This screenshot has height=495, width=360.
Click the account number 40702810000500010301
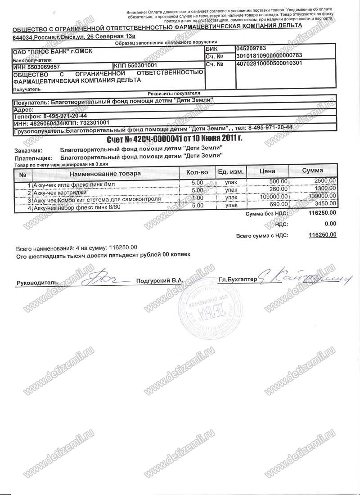tap(268, 63)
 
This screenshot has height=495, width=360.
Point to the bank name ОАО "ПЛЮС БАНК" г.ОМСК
tap(52, 51)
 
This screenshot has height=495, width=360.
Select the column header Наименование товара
tap(105, 173)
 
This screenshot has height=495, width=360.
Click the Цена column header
tap(267, 171)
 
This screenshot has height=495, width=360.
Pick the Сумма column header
tap(312, 171)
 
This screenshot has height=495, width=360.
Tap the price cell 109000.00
tap(274, 197)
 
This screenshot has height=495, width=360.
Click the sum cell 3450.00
tap(324, 205)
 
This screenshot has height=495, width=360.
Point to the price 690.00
tap(279, 205)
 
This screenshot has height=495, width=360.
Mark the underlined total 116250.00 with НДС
tap(323, 234)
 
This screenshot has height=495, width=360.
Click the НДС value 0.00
tap(330, 223)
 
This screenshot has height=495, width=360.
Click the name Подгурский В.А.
tap(159, 280)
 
